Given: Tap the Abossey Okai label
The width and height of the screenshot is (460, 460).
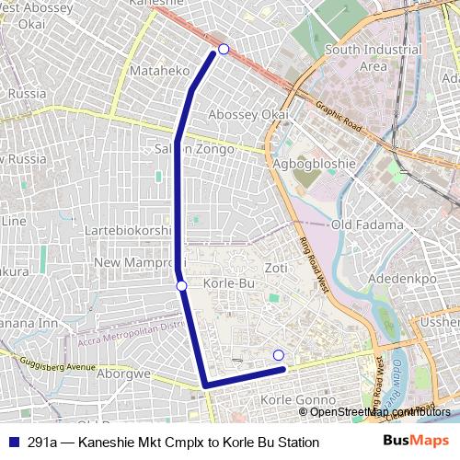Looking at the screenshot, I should point(249,114).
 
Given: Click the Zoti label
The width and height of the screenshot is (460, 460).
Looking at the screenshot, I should point(276,268).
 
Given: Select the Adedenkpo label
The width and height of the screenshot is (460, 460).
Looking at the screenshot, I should point(401,277).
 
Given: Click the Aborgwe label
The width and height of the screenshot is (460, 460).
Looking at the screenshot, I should point(123,374).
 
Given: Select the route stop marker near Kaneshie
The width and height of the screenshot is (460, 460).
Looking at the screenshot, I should point(224,49).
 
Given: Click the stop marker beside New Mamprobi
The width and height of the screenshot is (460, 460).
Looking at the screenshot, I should point(182,286).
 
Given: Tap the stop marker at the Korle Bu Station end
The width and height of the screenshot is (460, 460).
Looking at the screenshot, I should point(279,355).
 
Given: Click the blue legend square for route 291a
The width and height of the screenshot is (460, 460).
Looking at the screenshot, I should point(13,443).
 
